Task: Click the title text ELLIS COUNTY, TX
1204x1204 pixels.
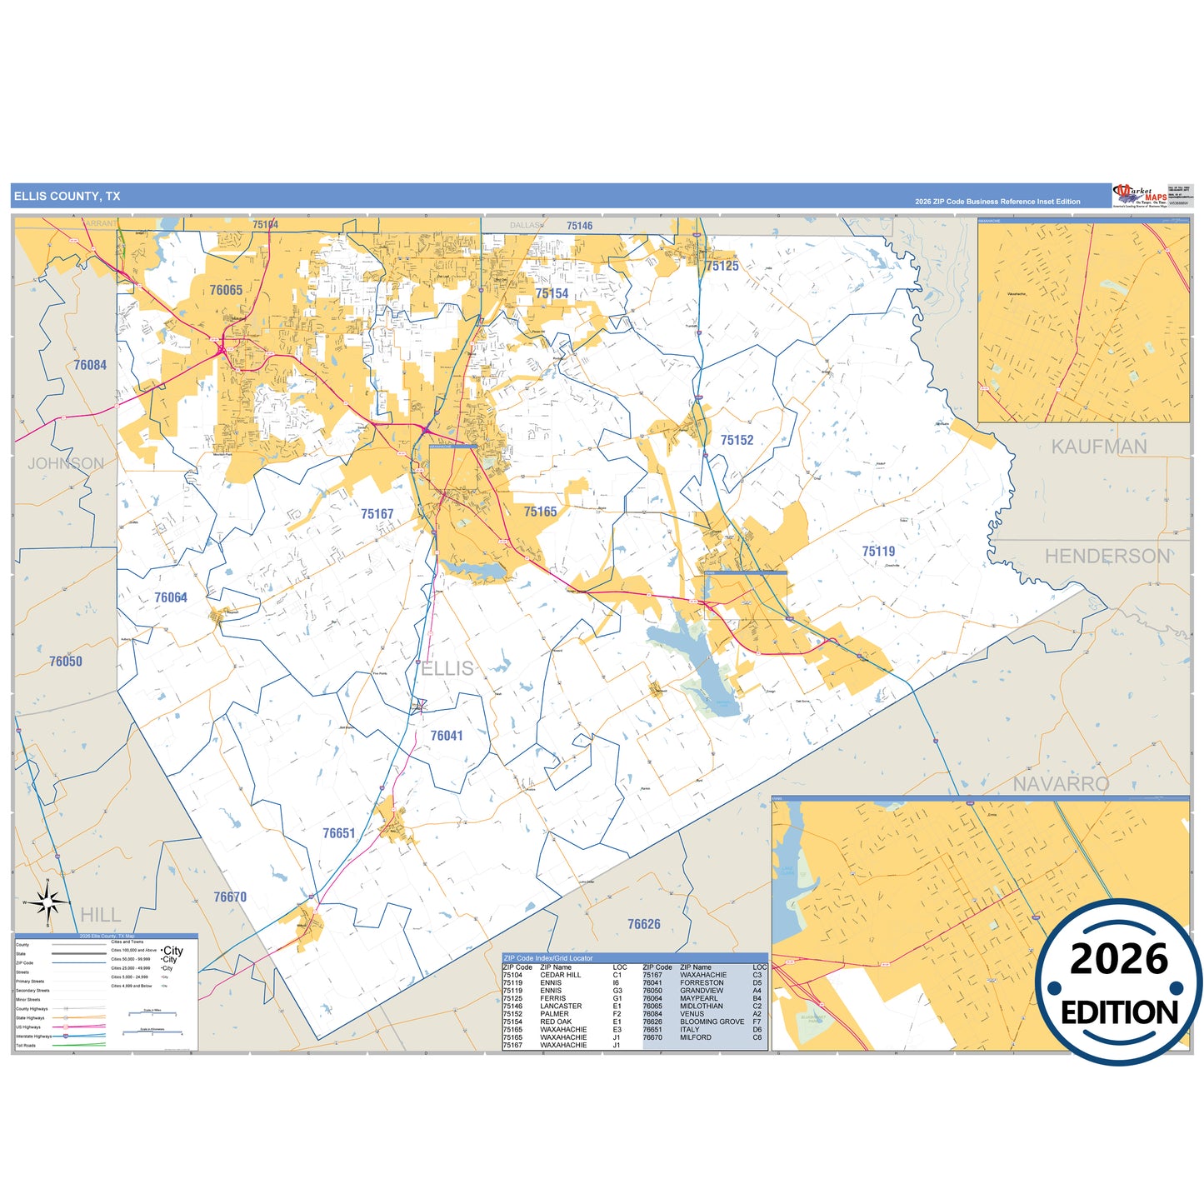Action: click(x=67, y=197)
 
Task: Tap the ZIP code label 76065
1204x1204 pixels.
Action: click(x=226, y=290)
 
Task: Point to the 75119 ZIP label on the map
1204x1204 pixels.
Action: click(x=878, y=552)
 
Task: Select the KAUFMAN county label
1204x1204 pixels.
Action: click(x=1098, y=447)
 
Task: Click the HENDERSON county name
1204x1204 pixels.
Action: click(x=1107, y=557)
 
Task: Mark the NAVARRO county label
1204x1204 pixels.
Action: click(x=1061, y=784)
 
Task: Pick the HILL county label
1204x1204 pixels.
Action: click(x=100, y=915)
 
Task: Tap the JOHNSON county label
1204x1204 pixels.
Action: click(x=66, y=464)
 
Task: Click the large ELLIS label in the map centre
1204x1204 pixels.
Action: click(x=447, y=668)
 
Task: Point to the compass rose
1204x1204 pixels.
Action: click(x=47, y=902)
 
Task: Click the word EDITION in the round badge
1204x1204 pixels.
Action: click(x=1119, y=1012)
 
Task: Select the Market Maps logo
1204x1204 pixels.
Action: click(x=1139, y=196)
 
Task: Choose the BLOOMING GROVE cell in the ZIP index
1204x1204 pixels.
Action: click(x=712, y=1022)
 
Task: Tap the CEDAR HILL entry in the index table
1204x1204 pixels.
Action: click(x=560, y=975)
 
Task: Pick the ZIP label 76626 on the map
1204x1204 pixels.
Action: click(x=643, y=924)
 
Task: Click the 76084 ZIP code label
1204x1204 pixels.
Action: click(x=90, y=365)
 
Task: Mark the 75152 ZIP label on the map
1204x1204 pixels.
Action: click(x=737, y=440)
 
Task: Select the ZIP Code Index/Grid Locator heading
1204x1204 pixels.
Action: click(x=548, y=958)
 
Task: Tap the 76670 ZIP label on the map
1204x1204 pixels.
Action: click(x=230, y=897)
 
